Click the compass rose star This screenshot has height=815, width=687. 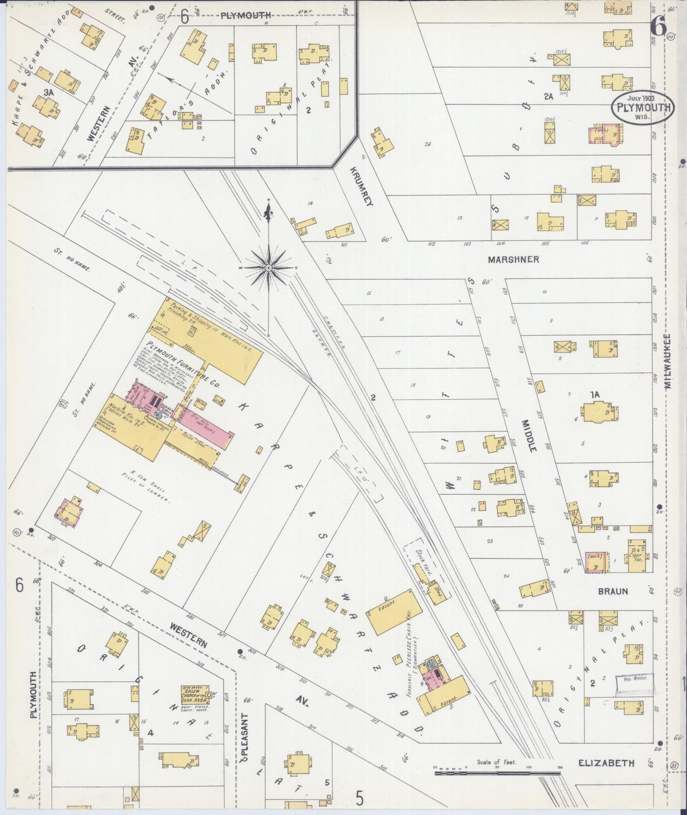pos(269,268)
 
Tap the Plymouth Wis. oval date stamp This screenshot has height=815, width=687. pos(643,107)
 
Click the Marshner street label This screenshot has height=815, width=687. pos(513,260)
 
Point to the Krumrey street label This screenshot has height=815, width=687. pos(362,186)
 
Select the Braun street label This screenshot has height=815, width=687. pos(613,592)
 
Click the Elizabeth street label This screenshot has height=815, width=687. pos(606,763)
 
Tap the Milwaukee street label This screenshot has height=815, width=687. pos(668,361)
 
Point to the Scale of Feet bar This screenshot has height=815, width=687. pos(497,773)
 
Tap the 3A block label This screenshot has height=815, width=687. pos(48,94)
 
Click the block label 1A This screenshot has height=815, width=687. pos(595,394)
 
